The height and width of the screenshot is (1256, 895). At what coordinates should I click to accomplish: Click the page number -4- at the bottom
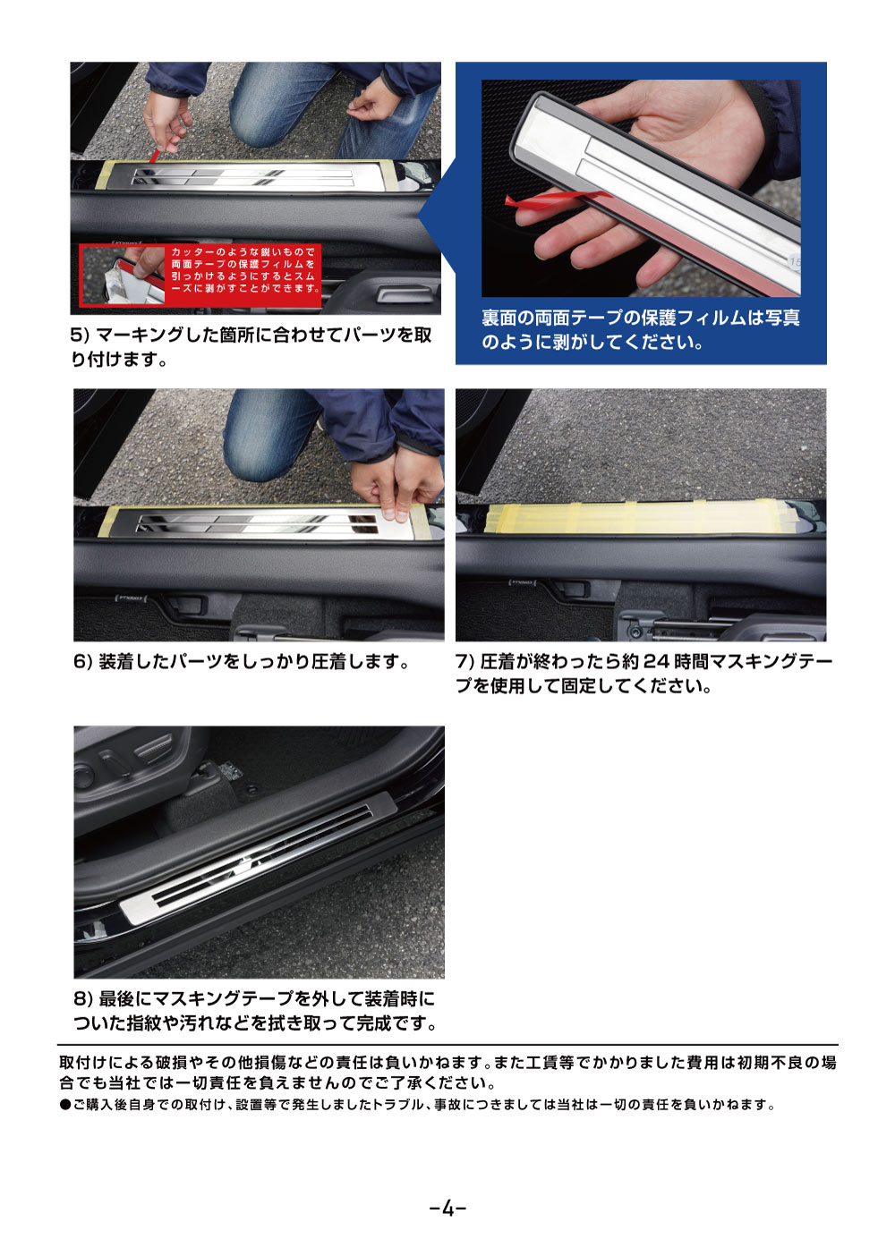click(447, 1209)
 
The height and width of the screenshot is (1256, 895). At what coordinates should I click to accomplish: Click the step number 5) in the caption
click(81, 335)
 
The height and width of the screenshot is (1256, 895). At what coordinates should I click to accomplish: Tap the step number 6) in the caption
click(83, 662)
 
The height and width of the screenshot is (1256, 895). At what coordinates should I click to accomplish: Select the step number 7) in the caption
click(465, 662)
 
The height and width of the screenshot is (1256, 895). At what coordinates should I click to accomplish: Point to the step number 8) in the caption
click(83, 998)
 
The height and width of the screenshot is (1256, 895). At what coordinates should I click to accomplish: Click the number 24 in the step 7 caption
click(656, 662)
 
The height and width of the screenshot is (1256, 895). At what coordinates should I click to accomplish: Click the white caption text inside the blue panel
click(640, 330)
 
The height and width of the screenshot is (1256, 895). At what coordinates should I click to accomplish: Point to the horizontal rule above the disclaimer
click(447, 1044)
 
